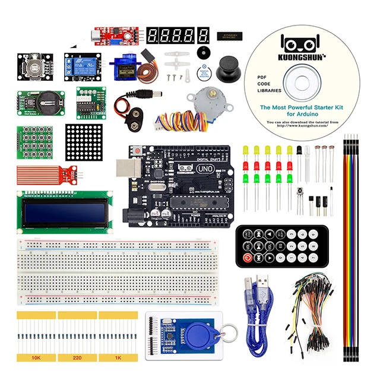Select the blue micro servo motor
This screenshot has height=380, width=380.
[126, 66]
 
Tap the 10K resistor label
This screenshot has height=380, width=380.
[37, 358]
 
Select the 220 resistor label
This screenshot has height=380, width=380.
[77, 358]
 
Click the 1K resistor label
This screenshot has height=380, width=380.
[118, 358]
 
